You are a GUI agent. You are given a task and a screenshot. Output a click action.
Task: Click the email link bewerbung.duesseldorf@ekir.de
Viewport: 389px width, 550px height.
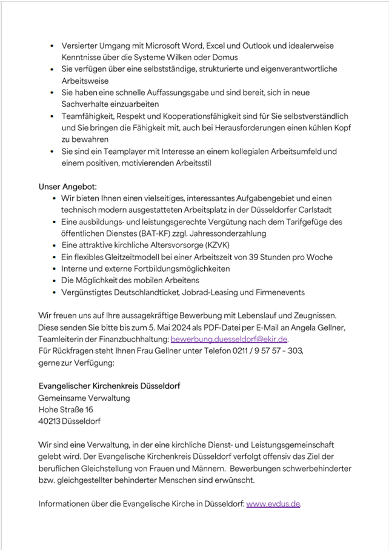coord(229,340)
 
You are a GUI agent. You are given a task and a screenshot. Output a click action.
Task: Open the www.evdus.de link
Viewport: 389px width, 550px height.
coord(273,504)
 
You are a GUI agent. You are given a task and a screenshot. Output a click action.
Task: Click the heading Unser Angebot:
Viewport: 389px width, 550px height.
coord(67,186)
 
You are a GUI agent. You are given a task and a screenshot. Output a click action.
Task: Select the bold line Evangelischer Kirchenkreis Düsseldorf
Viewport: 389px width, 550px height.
coord(109,386)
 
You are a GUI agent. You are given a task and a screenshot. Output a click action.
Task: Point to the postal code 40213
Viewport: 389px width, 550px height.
coord(48,421)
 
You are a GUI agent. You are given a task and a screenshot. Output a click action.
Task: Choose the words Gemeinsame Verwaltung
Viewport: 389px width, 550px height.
coord(84,398)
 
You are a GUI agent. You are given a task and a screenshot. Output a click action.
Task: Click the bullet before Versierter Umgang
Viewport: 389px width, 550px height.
coord(53,46)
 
